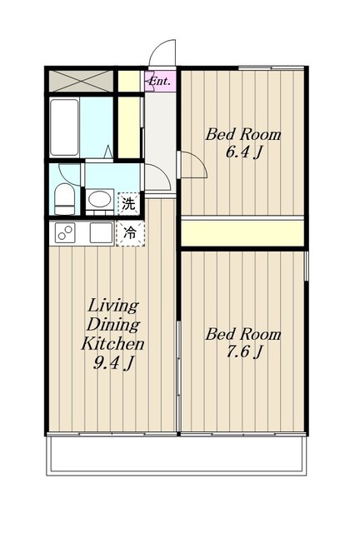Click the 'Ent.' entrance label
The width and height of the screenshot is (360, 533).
tap(160, 82)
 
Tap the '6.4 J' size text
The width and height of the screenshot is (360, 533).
tap(243, 152)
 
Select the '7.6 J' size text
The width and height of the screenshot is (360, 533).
tap(244, 351)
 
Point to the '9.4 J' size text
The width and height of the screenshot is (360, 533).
tap(113, 363)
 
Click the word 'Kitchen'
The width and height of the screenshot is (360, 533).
tap(112, 344)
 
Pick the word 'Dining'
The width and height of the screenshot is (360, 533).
tap(113, 325)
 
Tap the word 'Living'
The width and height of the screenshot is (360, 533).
tap(113, 306)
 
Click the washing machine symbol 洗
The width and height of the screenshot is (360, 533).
tap(129, 204)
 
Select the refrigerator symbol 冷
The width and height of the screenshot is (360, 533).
tap(130, 233)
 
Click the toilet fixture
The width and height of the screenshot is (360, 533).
tap(65, 199)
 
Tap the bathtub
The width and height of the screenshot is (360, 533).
tap(65, 127)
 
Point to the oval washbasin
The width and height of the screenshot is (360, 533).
tap(100, 199)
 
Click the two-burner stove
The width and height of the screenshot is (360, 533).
tap(65, 233)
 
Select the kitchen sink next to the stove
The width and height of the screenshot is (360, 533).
tap(101, 233)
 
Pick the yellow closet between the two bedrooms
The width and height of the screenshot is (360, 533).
tap(242, 233)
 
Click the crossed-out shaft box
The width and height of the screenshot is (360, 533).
tap(81, 81)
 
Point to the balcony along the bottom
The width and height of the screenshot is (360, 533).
tap(177, 454)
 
